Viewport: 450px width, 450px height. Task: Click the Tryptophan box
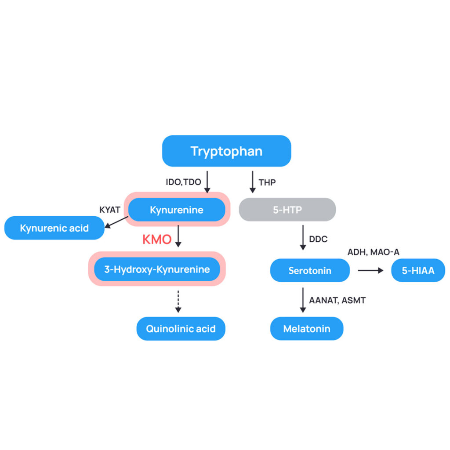(226, 151)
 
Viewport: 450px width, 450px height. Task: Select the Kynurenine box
(177, 210)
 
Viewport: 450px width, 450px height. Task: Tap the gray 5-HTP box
(287, 210)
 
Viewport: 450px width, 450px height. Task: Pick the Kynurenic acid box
(54, 228)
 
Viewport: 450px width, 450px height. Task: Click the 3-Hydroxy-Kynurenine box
(157, 269)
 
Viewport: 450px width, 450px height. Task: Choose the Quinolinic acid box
(181, 329)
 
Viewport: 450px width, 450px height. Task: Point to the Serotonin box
(309, 270)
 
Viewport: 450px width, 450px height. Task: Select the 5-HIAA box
(418, 270)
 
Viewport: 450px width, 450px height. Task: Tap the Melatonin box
(306, 329)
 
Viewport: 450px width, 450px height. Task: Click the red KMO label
(156, 240)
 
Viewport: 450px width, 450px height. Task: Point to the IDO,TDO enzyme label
(183, 182)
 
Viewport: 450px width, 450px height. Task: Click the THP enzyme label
(267, 182)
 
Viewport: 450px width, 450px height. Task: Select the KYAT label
(110, 210)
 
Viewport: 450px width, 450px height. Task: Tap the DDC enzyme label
(319, 240)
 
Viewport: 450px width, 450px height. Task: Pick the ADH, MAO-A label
(373, 252)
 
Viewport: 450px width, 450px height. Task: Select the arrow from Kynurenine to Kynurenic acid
(116, 222)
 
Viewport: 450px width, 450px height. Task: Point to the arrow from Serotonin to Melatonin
(303, 301)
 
